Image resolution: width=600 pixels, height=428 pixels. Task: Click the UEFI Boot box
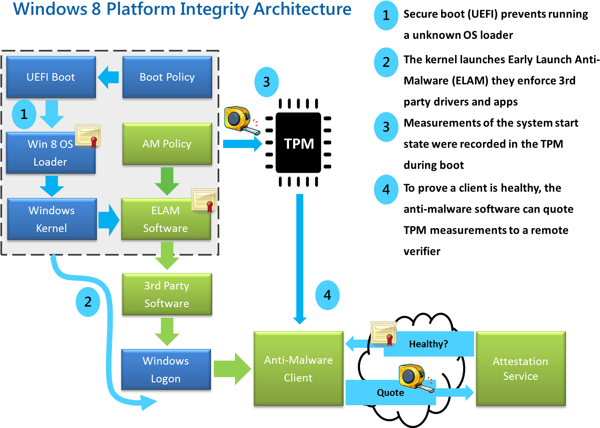pos(51,77)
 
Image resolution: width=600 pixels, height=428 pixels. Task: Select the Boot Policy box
pos(167,77)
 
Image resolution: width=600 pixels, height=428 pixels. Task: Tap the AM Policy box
pos(167,144)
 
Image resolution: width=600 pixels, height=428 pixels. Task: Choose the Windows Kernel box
pos(52,219)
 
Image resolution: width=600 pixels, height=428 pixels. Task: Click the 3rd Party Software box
pos(167,294)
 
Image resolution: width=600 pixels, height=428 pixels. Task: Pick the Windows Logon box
pos(166,370)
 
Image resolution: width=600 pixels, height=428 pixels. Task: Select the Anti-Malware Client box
pos(298,368)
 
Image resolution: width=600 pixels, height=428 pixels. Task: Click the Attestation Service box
pos(521,368)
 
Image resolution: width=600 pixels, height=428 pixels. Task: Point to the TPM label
pos(299,144)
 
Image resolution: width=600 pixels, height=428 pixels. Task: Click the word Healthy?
pos(428,344)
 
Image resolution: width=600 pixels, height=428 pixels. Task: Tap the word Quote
pos(390,393)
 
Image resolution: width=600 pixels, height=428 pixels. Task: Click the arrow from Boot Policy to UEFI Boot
pos(109,77)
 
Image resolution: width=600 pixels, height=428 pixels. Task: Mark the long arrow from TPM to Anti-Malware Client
pos(300,258)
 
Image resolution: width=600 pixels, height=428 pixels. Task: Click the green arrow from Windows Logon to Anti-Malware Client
pos(232,369)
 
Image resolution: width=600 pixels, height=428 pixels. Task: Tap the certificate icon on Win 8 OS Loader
pos(88,135)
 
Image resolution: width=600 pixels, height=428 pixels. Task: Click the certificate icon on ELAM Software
pos(204,200)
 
